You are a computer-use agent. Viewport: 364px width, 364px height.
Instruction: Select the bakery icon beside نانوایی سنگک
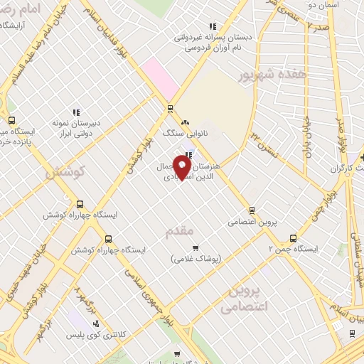click(x=185, y=122)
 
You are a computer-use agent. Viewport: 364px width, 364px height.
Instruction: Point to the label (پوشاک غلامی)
click(x=196, y=259)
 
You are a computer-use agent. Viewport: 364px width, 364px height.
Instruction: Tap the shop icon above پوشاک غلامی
click(x=196, y=247)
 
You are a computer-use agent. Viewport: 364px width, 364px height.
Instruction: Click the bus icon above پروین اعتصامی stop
click(x=251, y=210)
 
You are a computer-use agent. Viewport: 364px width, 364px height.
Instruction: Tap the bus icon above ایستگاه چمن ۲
click(x=293, y=238)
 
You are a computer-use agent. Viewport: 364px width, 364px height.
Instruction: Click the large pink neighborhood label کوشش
click(x=65, y=171)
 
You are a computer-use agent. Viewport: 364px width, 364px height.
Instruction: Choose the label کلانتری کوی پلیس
click(x=96, y=334)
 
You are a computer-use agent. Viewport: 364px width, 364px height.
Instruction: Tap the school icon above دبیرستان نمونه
click(x=75, y=112)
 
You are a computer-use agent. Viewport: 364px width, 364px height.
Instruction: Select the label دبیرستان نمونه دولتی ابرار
click(x=75, y=127)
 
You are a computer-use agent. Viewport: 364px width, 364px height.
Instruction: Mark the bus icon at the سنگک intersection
click(x=169, y=109)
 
